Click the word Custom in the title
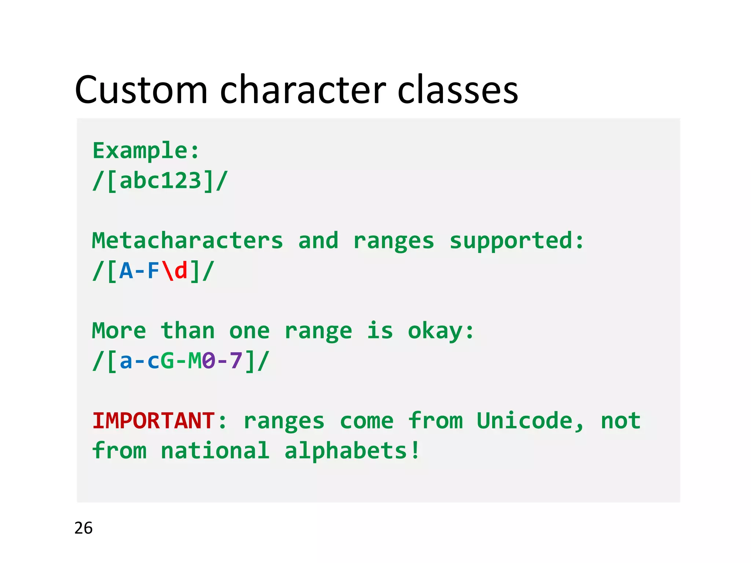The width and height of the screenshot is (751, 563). click(141, 90)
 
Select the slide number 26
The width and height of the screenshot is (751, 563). click(83, 528)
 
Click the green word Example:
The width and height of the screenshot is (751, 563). click(146, 151)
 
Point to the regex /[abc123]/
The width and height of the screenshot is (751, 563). click(160, 181)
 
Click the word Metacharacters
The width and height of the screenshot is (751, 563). click(187, 241)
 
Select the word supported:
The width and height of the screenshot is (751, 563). click(516, 241)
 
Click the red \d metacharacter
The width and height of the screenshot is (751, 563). click(174, 271)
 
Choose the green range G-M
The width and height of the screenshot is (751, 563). click(181, 361)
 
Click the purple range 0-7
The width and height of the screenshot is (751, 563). click(222, 361)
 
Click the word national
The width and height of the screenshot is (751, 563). click(215, 450)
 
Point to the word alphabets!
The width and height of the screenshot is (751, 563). click(352, 450)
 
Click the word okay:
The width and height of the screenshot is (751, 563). click(441, 331)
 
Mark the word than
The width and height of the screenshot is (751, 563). click(187, 331)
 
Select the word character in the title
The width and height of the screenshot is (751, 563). click(303, 90)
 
